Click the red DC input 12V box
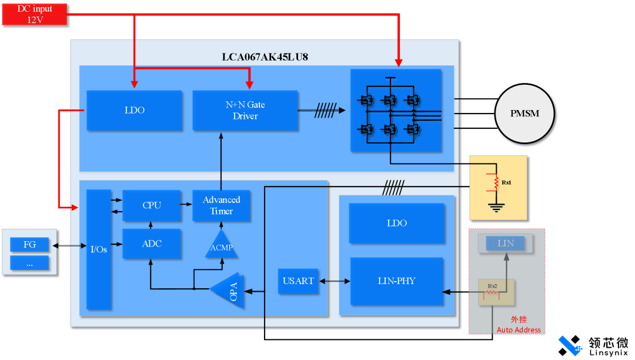[x=35, y=14]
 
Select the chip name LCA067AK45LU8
[x=265, y=57]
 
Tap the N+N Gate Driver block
[x=245, y=111]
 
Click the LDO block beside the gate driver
[x=134, y=111]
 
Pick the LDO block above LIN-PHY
[x=397, y=224]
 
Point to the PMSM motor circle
[x=524, y=114]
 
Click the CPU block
[x=152, y=205]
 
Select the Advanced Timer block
[x=222, y=205]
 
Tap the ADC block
[x=152, y=244]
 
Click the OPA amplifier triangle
[x=229, y=289]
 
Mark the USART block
[x=298, y=281]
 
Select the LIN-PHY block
[x=397, y=281]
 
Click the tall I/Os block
[x=99, y=249]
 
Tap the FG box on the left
[x=29, y=245]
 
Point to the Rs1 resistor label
[x=506, y=182]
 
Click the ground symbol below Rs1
[x=497, y=206]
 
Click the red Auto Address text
[x=519, y=330]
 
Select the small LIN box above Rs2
[x=506, y=243]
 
